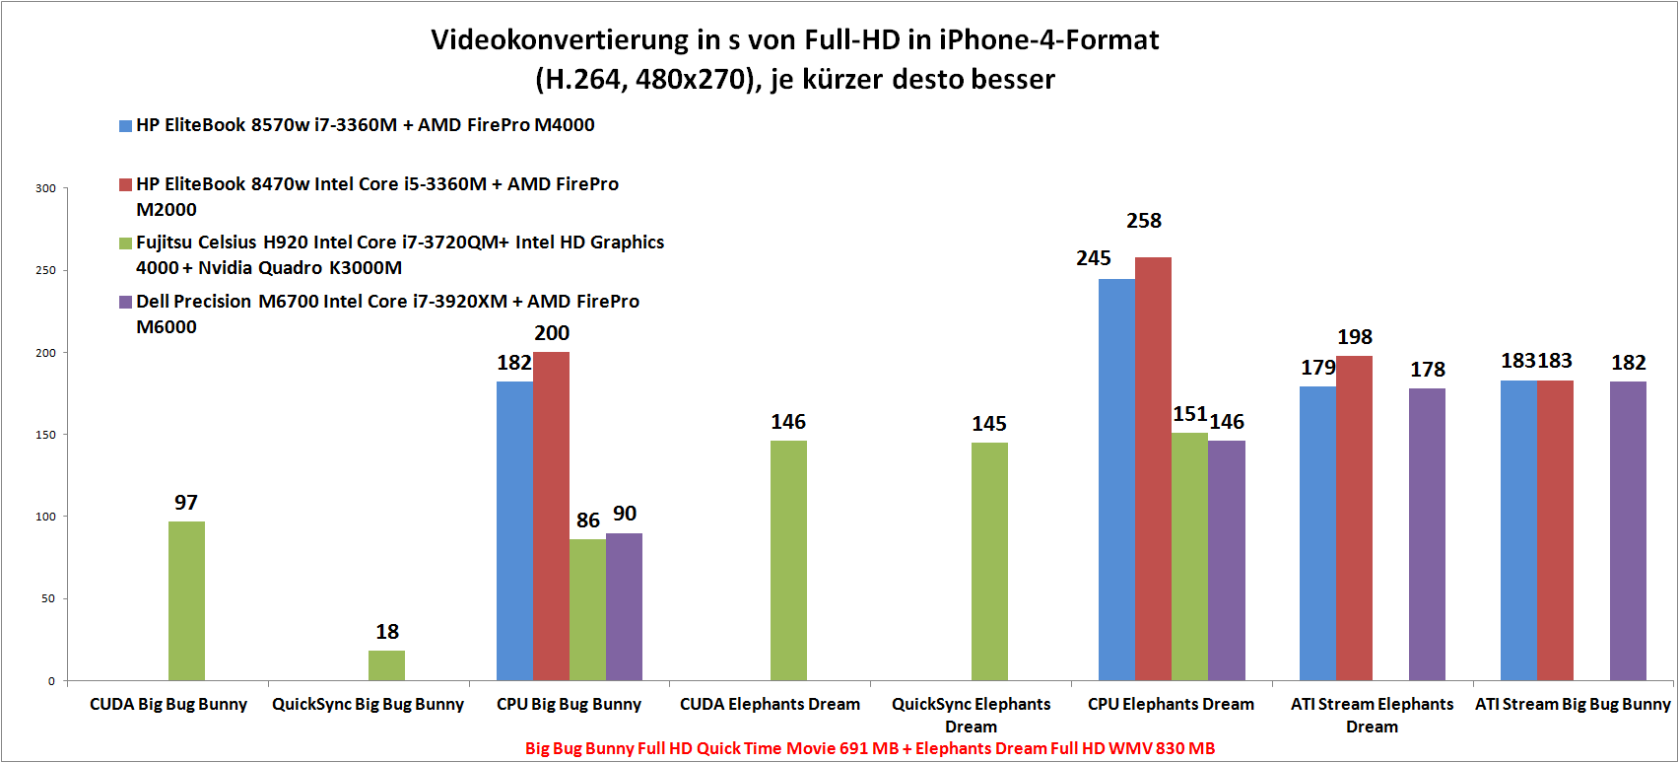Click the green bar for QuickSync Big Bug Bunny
click(x=386, y=665)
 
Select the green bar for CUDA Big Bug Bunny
click(x=186, y=601)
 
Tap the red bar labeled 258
click(x=1153, y=468)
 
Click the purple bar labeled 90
click(x=624, y=606)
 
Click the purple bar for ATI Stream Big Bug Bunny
click(x=1628, y=530)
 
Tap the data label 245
click(x=1094, y=258)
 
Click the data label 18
click(x=387, y=632)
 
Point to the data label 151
click(x=1189, y=414)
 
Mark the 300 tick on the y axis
click(x=45, y=188)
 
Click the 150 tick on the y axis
click(x=45, y=435)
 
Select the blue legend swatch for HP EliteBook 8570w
click(x=125, y=126)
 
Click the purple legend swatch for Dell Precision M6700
click(x=125, y=303)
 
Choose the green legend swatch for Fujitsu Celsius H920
click(x=125, y=243)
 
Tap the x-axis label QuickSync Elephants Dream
click(x=971, y=715)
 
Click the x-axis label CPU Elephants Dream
click(x=1171, y=704)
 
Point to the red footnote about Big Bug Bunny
click(x=870, y=748)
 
